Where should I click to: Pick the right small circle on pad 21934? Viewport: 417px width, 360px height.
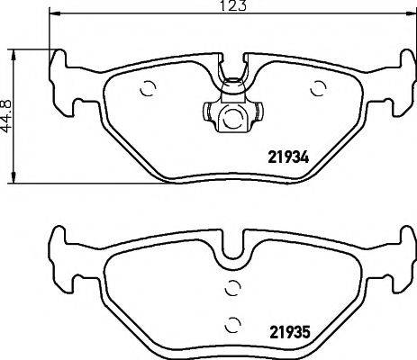tap(317, 87)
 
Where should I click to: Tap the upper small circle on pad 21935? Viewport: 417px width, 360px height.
tap(231, 288)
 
